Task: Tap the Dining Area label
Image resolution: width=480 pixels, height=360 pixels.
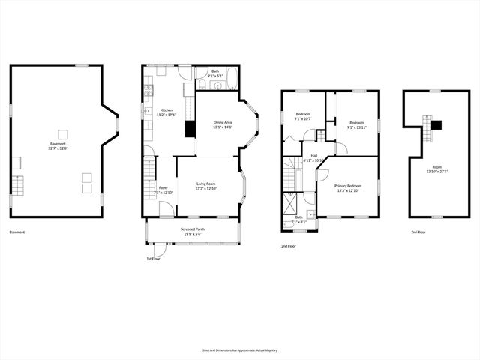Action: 223,124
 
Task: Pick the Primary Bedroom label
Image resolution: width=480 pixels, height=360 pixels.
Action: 347,187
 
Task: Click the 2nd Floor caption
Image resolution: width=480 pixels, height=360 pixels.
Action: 289,245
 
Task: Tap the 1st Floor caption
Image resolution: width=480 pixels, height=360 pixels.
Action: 153,259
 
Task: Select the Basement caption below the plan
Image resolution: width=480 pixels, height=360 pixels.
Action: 17,232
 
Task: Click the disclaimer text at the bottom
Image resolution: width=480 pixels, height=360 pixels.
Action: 240,349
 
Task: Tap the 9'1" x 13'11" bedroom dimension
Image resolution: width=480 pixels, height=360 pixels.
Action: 355,125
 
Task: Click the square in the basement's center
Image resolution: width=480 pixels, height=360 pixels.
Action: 63,134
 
